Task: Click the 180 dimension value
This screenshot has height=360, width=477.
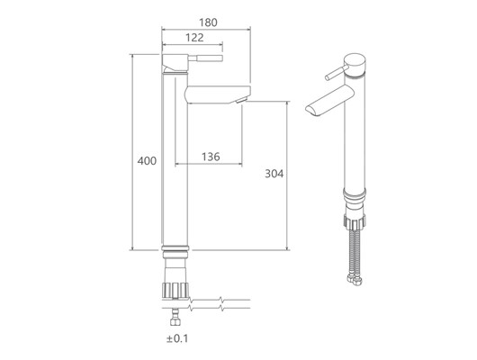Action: pos(208,22)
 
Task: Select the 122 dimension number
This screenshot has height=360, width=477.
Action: pos(194,38)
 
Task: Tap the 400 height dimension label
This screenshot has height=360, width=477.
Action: pos(147,161)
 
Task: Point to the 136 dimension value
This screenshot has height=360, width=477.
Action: pos(211,157)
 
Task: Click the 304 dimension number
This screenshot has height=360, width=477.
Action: pos(274,174)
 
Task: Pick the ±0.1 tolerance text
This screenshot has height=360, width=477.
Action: pos(177,338)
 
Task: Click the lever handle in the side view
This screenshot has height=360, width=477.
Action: pos(205,58)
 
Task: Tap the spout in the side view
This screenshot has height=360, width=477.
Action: pos(218,94)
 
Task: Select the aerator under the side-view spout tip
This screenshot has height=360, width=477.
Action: pos(241,100)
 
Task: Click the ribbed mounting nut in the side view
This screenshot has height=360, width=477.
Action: pos(175,291)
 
